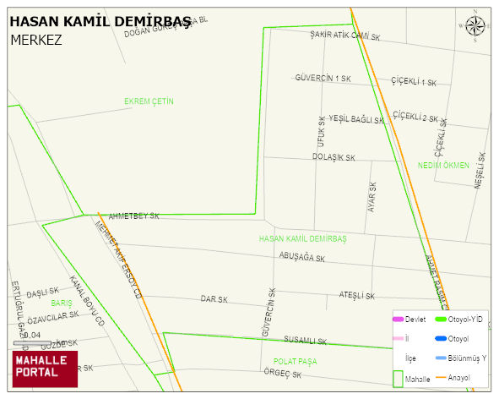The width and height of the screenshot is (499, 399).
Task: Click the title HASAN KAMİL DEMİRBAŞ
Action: click(100, 22)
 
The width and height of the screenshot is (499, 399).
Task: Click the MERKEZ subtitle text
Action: click(36, 40)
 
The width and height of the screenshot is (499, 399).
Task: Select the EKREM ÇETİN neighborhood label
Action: click(149, 101)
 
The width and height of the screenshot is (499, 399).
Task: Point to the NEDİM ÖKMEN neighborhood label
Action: click(443, 165)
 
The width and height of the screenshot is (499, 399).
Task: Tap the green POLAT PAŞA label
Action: click(295, 361)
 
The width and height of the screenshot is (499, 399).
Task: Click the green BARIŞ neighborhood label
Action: click(62, 303)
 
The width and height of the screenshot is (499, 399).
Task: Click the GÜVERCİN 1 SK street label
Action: click(323, 78)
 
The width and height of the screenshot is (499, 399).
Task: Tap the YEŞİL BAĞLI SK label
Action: click(355, 119)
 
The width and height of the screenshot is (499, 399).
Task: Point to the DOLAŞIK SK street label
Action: click(334, 157)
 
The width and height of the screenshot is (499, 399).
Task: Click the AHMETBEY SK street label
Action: click(134, 216)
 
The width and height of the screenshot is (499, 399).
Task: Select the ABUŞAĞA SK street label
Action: click(301, 257)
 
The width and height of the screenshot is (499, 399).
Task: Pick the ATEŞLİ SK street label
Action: click(356, 295)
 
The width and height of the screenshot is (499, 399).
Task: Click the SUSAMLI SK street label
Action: click(305, 341)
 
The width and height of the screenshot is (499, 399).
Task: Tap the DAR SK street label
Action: click(214, 299)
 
